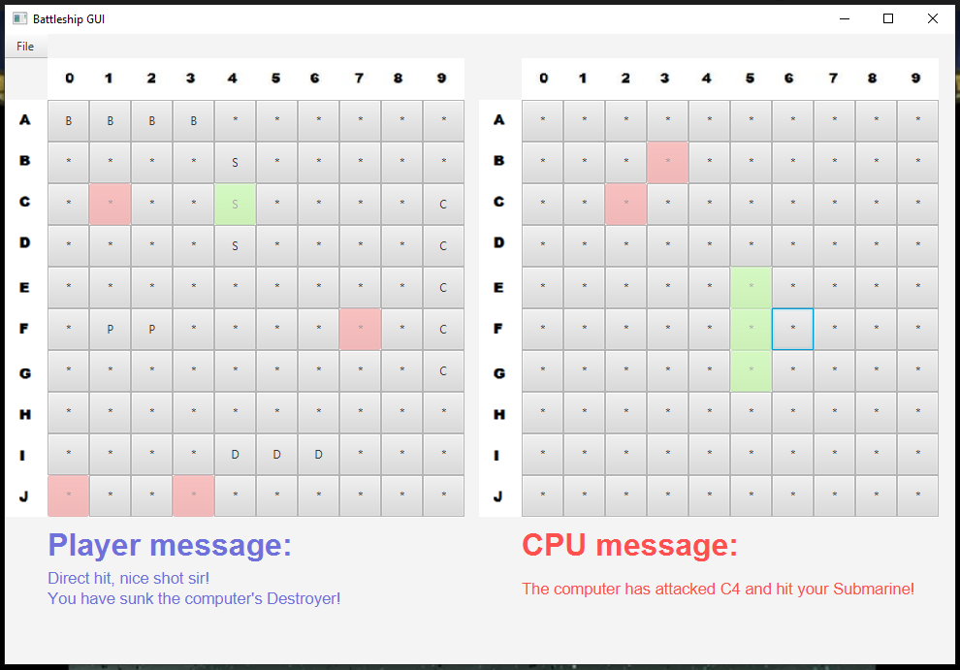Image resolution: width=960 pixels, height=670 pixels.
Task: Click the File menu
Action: [25, 47]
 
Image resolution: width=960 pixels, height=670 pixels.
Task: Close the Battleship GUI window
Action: [932, 18]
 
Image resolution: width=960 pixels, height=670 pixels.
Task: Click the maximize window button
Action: [887, 18]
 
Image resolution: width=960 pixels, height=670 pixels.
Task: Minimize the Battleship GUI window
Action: [844, 18]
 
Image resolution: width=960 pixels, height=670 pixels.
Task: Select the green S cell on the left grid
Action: [235, 205]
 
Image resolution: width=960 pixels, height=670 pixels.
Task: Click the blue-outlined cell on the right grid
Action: [792, 329]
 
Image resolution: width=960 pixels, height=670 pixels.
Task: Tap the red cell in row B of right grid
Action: [667, 162]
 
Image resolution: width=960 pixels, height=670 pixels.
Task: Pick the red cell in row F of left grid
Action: [360, 329]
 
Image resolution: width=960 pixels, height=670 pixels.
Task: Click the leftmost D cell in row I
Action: [235, 454]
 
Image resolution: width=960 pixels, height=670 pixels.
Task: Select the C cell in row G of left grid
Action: [443, 370]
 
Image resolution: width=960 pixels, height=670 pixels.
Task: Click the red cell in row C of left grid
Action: [110, 205]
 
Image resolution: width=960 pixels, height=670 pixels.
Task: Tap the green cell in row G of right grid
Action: [751, 370]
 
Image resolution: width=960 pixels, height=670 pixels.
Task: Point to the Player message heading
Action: [170, 546]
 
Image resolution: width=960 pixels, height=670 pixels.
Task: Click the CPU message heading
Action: [629, 546]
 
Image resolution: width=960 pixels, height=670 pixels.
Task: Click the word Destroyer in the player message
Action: [301, 598]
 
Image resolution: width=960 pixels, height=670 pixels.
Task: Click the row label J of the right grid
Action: [498, 496]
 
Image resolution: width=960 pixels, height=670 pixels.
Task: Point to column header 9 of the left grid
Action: [443, 79]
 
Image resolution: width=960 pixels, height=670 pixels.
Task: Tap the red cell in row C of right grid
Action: [625, 205]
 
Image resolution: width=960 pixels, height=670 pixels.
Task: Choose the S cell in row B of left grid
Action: [235, 162]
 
